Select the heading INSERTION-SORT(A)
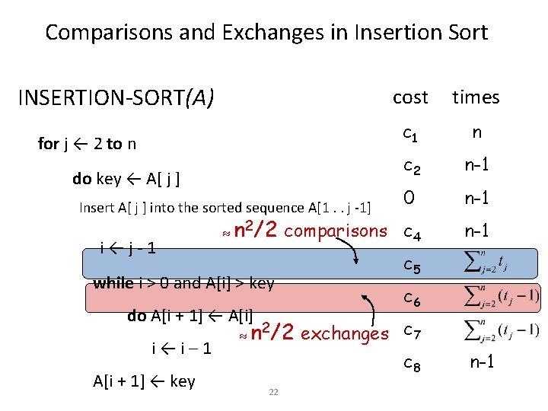116,98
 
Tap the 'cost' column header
410,97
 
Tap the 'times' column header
476,97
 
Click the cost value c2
412,165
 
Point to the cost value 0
409,198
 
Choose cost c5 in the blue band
412,266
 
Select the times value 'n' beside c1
476,132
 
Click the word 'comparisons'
336,231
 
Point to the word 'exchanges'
345,333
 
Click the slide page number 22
273,392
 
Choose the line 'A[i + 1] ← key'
144,381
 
